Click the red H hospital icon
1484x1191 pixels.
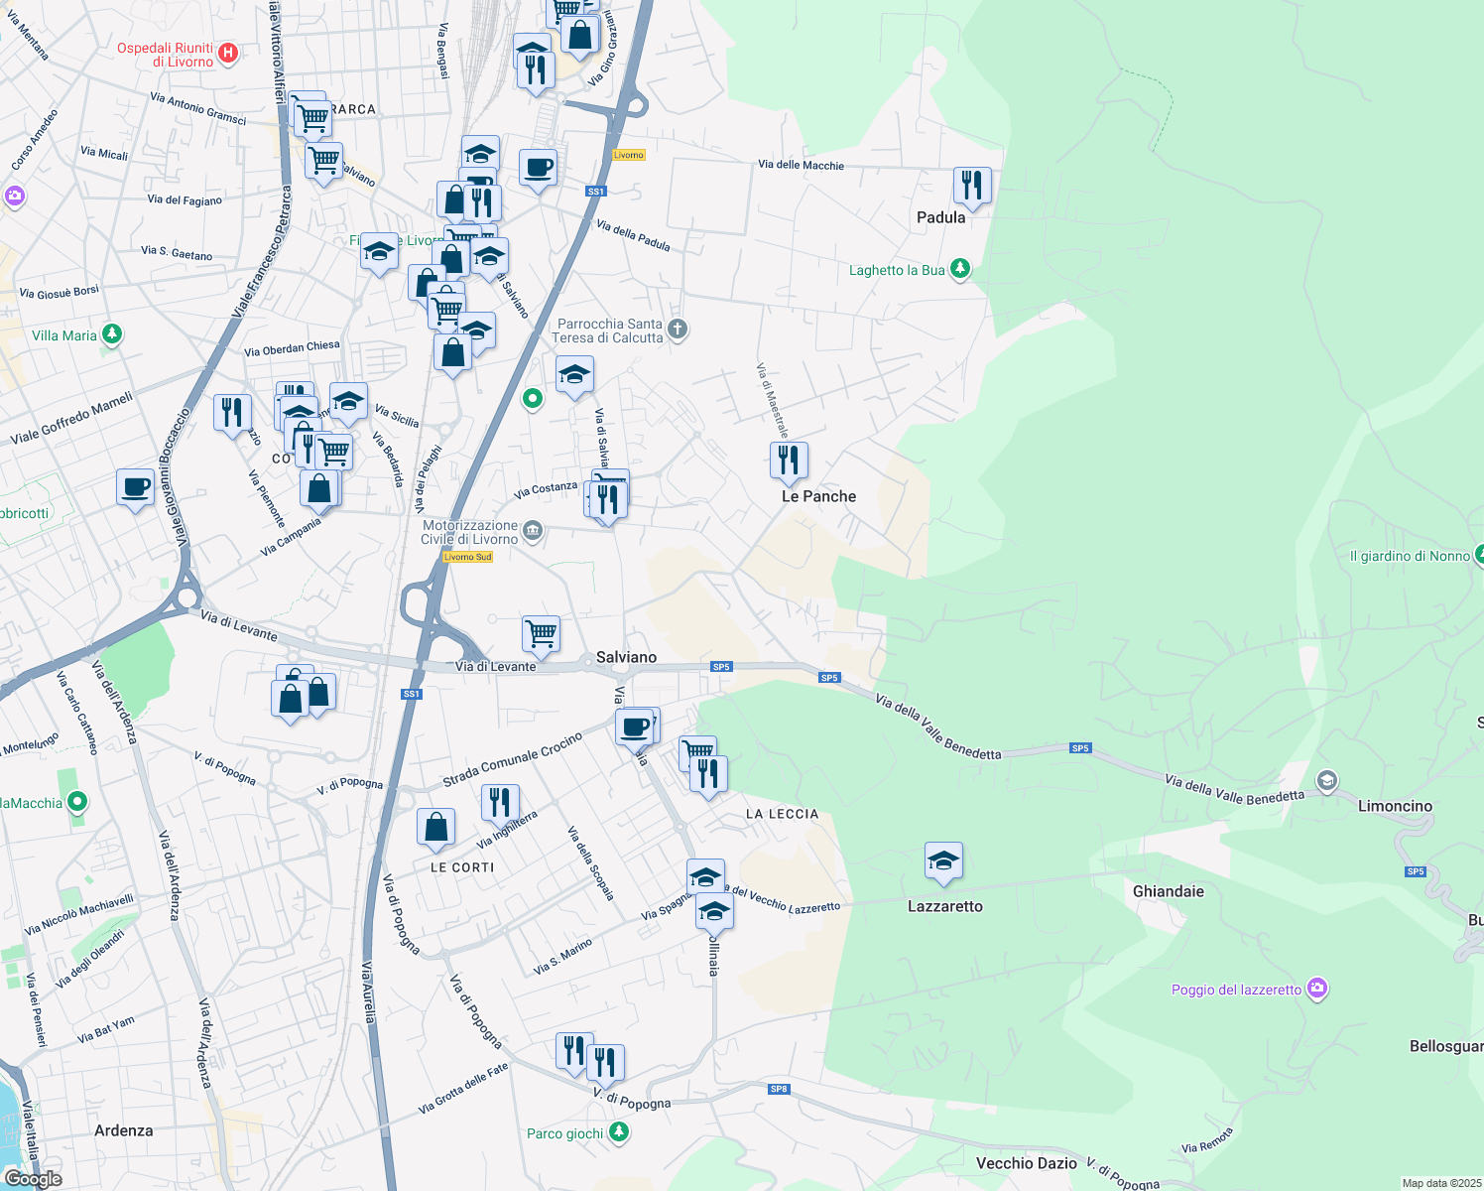point(228,53)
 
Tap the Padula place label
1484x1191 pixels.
point(940,217)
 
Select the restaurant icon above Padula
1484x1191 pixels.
point(972,186)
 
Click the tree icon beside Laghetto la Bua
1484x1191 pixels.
point(959,269)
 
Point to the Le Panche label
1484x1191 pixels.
point(818,496)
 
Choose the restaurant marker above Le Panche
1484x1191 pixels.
point(789,461)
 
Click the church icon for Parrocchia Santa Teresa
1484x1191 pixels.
point(678,330)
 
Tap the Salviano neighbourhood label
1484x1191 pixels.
point(626,657)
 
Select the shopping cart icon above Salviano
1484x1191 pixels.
point(542,633)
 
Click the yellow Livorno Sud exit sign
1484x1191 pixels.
point(467,557)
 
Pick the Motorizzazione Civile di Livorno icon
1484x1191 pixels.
point(533,531)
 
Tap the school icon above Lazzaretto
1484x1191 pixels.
point(943,860)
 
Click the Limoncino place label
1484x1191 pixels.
point(1395,806)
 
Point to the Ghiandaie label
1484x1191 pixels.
point(1168,891)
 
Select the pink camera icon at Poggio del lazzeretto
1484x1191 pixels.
point(1316,989)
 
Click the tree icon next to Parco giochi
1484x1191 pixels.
point(619,1132)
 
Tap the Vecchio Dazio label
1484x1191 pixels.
point(1026,1163)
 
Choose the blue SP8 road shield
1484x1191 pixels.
point(779,1089)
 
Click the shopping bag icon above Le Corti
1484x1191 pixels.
point(436,827)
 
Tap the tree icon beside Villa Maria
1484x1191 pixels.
point(112,334)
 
